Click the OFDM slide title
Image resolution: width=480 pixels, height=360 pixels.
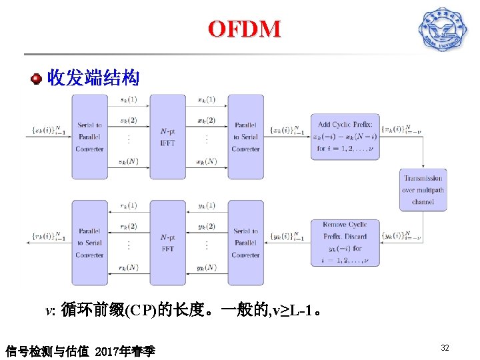click(244, 29)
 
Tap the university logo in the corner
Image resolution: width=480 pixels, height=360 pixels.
click(442, 29)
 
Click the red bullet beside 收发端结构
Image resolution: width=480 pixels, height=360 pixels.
click(37, 79)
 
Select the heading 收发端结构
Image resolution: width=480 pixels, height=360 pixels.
click(93, 79)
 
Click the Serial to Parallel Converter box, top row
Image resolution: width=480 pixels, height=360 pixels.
click(89, 137)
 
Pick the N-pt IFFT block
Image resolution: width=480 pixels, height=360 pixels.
click(167, 137)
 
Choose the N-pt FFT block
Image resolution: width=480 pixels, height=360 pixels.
click(167, 243)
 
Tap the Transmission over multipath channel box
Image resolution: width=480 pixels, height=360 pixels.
click(423, 190)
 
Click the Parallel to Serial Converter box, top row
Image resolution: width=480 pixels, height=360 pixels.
click(245, 137)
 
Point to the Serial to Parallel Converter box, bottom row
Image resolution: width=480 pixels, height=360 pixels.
click(245, 243)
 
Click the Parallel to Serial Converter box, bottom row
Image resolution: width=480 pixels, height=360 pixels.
click(89, 243)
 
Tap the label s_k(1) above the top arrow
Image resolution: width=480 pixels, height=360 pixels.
click(129, 100)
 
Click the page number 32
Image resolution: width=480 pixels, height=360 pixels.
click(445, 347)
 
